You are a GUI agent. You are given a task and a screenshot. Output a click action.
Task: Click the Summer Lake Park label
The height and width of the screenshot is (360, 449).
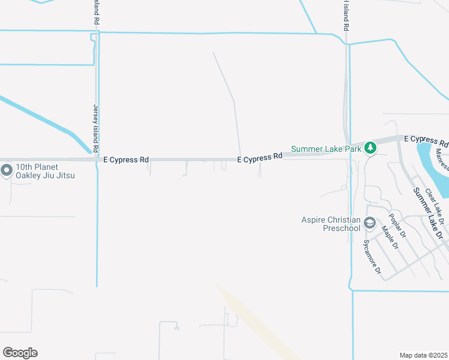click(327, 149)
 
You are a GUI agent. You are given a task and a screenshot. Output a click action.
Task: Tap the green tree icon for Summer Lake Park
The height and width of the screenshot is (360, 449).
click(370, 148)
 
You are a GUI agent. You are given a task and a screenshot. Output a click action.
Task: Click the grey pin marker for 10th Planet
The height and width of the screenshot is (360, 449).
click(7, 171)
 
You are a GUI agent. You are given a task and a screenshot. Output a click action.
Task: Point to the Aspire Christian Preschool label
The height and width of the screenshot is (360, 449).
click(331, 224)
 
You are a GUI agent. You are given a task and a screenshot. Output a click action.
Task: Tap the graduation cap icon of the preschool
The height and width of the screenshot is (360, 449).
click(370, 224)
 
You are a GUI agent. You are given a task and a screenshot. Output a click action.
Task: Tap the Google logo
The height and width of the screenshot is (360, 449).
click(20, 353)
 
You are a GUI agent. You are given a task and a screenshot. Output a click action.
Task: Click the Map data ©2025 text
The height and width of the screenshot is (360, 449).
click(423, 355)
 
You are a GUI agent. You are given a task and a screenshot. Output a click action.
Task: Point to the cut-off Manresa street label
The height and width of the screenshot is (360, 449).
click(442, 160)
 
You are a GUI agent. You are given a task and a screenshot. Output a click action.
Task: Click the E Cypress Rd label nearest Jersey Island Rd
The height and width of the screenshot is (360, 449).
click(126, 160)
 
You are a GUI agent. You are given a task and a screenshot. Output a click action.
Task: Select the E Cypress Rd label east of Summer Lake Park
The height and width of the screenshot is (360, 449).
click(426, 140)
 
